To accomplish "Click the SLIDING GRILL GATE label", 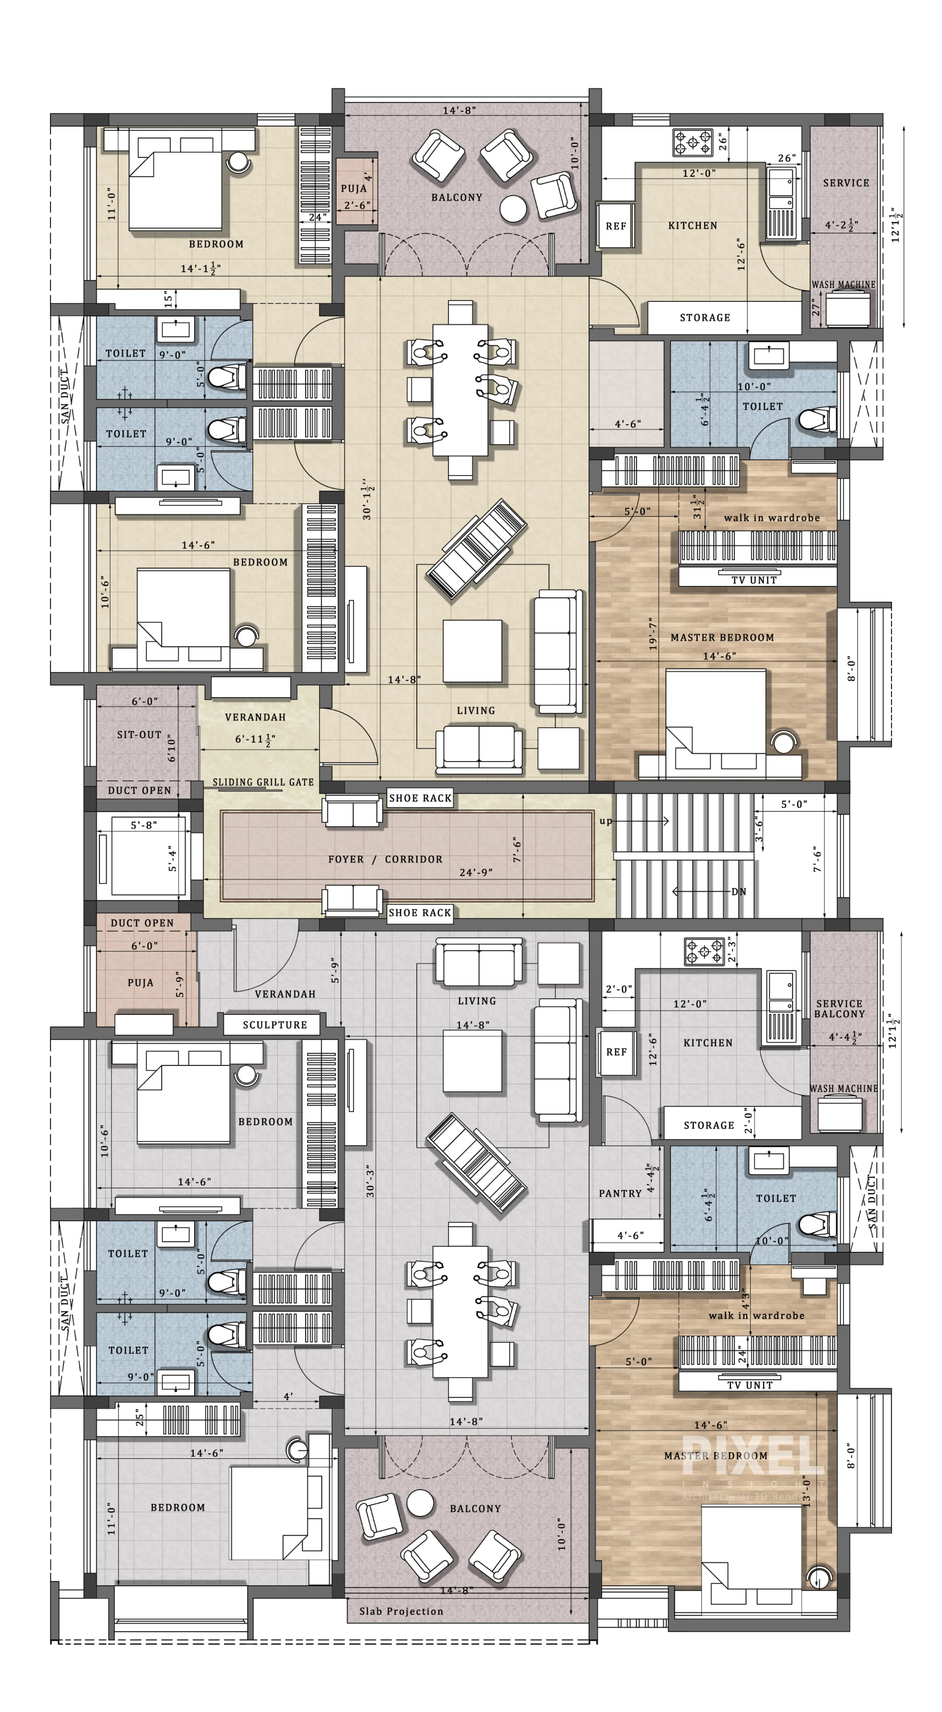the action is (x=263, y=782).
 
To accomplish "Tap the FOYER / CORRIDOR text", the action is (x=385, y=859).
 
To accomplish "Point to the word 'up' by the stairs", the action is (x=606, y=821).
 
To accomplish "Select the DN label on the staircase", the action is (x=739, y=892).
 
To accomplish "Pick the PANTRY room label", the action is (x=620, y=1194).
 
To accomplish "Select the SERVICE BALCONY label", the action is (x=840, y=1009).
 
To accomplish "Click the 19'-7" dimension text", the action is (x=654, y=633).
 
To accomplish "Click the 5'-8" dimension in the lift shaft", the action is (x=143, y=825).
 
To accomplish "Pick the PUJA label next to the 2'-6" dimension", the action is (x=353, y=188).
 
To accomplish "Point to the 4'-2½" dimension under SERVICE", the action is (x=842, y=225).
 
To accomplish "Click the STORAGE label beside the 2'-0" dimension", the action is (x=709, y=1125).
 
